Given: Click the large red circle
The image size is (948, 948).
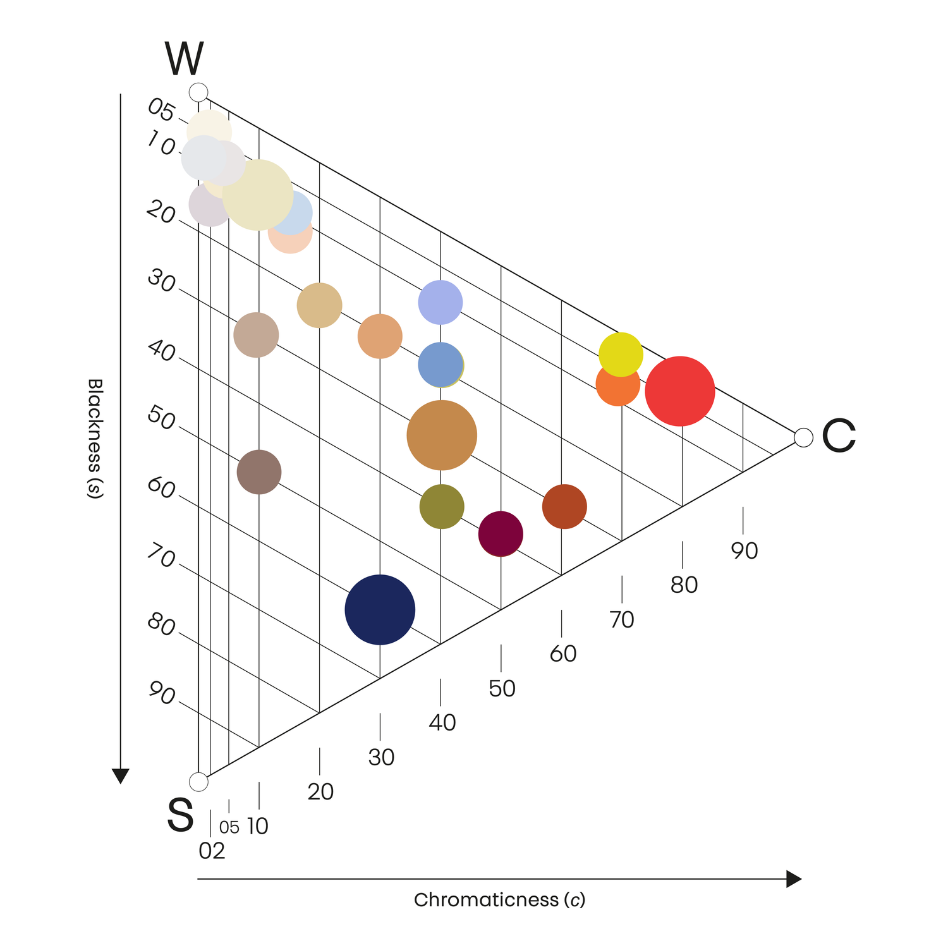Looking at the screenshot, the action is pos(680,391).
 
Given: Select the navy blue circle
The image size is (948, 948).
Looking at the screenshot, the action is pos(380,610).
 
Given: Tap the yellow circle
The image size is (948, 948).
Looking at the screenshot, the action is pos(621,355).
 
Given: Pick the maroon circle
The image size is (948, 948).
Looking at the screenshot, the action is pos(501,534).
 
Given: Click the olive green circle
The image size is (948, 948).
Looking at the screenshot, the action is pos(442,506).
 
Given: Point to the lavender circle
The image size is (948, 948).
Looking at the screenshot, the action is pos(441,302).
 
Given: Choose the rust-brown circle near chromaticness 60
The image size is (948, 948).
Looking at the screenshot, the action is pos(564,506).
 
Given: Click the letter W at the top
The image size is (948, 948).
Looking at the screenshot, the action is pos(184,59).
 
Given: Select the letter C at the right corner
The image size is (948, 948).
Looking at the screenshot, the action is pos(839,436).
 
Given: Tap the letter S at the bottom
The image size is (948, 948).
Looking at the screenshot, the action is pos(180,815).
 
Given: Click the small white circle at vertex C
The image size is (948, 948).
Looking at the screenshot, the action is pos(803,437).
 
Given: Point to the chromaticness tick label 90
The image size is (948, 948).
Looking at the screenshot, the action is pos(744,551).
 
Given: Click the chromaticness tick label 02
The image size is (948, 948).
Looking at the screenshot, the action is pos(212,851).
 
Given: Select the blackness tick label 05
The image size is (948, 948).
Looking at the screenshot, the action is pos(161,111).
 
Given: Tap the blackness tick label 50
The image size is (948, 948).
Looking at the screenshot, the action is pos(161,418).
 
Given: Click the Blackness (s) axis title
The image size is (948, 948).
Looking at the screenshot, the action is pos(94,439).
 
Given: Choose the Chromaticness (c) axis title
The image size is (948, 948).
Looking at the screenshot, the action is pos(500,900).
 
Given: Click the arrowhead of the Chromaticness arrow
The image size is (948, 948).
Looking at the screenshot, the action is pos(794,879).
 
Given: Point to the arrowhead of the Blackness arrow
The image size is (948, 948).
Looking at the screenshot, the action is pos(120,776).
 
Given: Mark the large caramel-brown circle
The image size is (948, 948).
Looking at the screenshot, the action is pos(442,435).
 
